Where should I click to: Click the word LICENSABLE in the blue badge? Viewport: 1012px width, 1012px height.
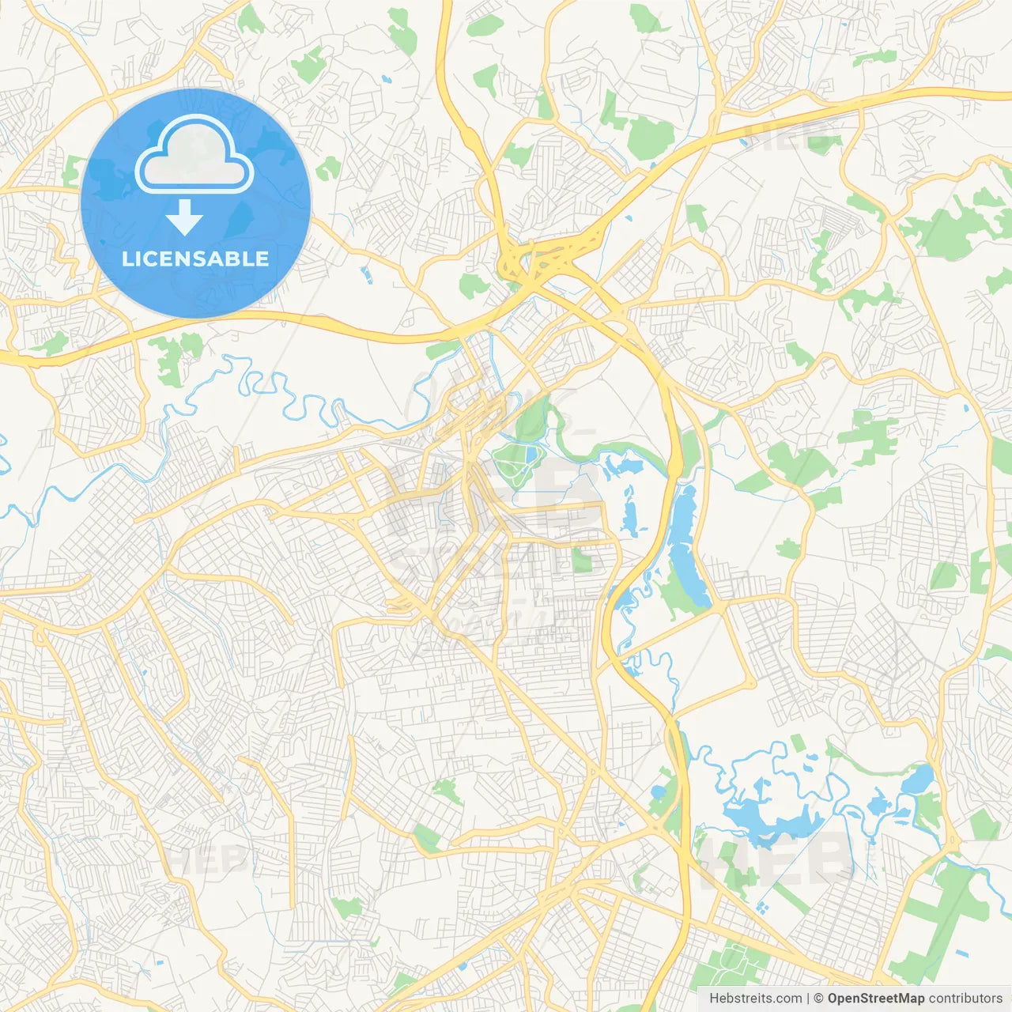point(195,259)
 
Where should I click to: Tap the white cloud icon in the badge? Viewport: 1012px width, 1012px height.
point(194,156)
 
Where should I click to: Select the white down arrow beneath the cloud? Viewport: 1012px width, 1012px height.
point(184,217)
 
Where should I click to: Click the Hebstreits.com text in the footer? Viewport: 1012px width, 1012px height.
point(755,999)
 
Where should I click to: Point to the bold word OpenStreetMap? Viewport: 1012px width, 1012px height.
point(876,999)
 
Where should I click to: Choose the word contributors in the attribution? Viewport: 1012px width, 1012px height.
point(965,999)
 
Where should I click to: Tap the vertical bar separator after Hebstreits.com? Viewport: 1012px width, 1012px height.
point(807,999)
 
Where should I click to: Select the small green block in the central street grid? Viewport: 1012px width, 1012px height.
point(581,560)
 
